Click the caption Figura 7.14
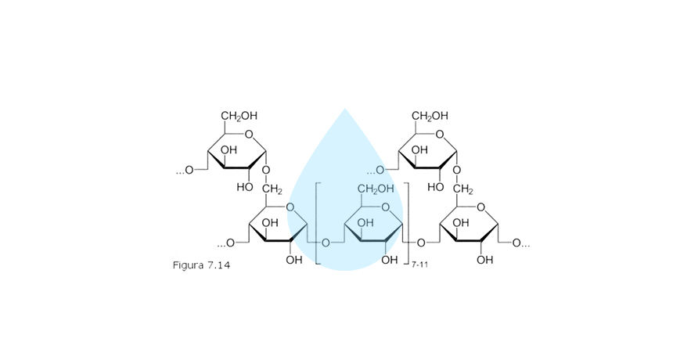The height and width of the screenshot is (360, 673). click(201, 265)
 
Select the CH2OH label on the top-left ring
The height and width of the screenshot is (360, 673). click(239, 116)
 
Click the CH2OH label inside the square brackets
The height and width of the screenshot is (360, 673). click(376, 189)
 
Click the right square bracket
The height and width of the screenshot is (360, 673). click(407, 222)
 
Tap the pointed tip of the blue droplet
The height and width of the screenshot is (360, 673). click(344, 109)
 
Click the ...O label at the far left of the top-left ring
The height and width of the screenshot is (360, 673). click(185, 170)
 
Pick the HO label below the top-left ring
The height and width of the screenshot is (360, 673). click(244, 187)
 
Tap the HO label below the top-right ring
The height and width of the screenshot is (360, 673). click(435, 187)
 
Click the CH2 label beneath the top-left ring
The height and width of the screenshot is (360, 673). click(272, 189)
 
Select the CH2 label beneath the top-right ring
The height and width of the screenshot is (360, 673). click(462, 189)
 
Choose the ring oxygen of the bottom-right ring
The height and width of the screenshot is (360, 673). click(482, 207)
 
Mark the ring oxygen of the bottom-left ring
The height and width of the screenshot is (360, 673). click(291, 207)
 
